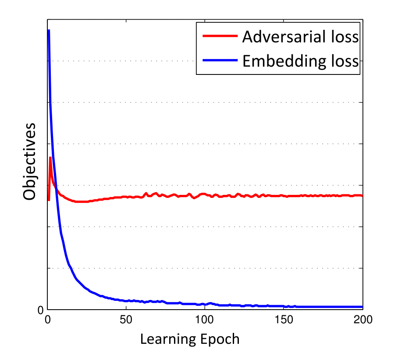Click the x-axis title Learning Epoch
190,339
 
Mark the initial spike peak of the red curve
50,158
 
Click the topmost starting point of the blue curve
49,30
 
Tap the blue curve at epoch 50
126,301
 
